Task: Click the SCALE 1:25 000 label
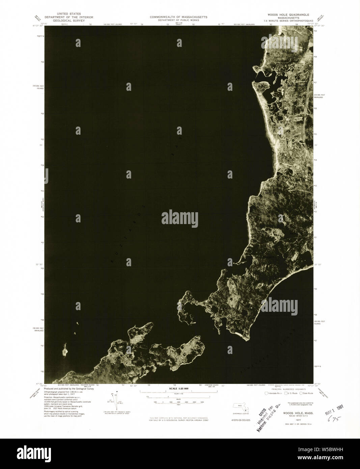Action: (x=178, y=389)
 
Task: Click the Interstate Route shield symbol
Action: (x=267, y=393)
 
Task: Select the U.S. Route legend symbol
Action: (x=286, y=393)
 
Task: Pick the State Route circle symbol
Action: (x=301, y=393)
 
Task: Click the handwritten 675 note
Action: (x=334, y=418)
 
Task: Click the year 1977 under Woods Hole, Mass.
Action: (x=298, y=420)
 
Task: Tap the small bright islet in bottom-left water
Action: (x=65, y=352)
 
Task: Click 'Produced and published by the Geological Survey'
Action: (x=69, y=389)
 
